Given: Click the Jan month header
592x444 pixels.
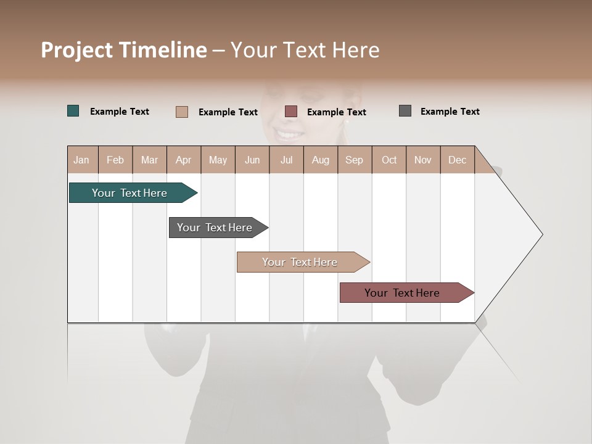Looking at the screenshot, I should click(x=81, y=160).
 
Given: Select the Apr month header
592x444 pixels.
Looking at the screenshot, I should click(x=184, y=160).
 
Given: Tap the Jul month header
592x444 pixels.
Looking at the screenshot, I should click(x=286, y=160).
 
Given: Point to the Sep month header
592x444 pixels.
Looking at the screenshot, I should click(x=354, y=160).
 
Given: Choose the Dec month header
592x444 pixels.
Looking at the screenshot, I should click(x=457, y=160).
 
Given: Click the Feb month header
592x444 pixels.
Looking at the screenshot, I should click(x=115, y=160).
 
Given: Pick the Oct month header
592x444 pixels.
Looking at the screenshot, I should click(x=389, y=160).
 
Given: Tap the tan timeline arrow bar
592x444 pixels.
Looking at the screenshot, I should click(x=300, y=262).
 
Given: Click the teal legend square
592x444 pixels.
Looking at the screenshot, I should click(x=73, y=111).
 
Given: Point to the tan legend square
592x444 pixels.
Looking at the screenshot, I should click(x=182, y=112).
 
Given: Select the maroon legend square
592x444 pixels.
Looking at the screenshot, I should click(x=291, y=112).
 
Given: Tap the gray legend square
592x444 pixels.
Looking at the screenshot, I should click(x=405, y=111).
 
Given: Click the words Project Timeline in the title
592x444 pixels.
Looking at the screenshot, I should click(x=124, y=50).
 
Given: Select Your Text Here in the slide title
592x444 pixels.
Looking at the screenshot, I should click(x=305, y=50).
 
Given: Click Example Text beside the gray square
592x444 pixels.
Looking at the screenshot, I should click(x=450, y=112).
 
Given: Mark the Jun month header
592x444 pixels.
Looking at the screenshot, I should click(x=252, y=160).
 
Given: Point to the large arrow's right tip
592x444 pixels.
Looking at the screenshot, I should click(x=541, y=234).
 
